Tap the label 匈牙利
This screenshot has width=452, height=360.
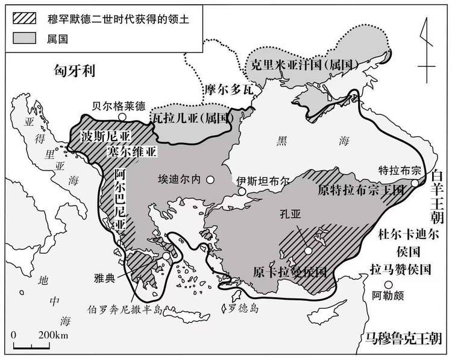[72, 72]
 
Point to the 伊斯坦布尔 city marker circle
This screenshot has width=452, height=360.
[242, 192]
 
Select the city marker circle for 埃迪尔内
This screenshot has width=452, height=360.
[210, 180]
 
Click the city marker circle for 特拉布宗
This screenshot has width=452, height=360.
[415, 183]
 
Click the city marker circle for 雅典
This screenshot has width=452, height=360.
[166, 256]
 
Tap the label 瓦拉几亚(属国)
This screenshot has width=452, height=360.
[191, 118]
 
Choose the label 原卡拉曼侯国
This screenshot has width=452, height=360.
[290, 270]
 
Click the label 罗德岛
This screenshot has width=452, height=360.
[243, 309]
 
